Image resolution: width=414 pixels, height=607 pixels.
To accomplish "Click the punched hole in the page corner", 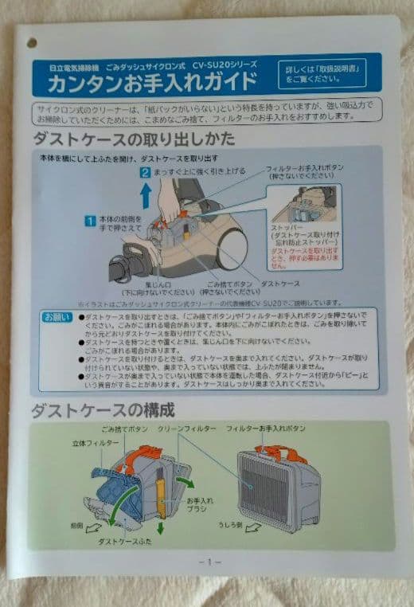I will [x=33, y=43].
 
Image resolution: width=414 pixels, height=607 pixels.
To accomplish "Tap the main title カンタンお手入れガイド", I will [x=151, y=82].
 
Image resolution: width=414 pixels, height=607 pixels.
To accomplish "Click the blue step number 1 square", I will [x=92, y=219].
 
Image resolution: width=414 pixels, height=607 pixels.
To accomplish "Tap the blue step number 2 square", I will [x=145, y=172].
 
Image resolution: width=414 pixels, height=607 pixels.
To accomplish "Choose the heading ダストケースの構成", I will [x=102, y=411].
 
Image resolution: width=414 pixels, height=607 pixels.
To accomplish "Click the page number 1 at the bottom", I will [x=209, y=562].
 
